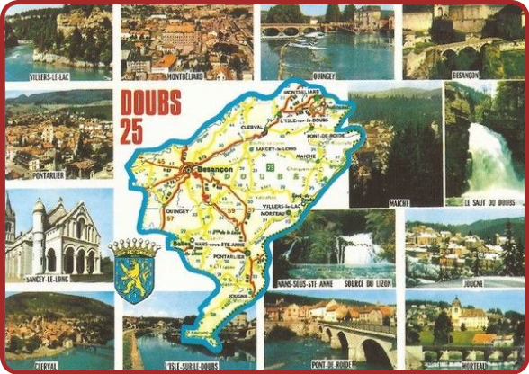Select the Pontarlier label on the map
229,255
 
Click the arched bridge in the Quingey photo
284,31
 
